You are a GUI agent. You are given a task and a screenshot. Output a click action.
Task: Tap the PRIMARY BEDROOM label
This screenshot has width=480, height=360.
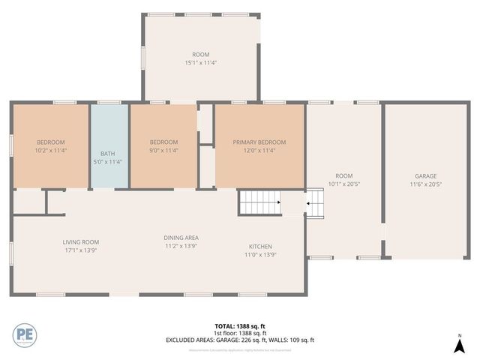[259, 142]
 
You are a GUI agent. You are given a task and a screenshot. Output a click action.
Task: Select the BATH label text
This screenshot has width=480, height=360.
[109, 142]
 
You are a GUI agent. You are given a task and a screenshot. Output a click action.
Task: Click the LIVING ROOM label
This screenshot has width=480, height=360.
[80, 242]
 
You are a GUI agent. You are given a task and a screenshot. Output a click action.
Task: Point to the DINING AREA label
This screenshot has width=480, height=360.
[181, 238]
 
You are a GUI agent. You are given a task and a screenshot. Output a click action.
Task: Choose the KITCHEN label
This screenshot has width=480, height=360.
[260, 247]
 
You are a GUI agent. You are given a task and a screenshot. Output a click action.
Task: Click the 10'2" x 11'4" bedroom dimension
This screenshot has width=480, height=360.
[51, 150]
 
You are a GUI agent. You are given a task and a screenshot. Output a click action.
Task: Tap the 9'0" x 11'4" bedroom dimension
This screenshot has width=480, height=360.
[163, 150]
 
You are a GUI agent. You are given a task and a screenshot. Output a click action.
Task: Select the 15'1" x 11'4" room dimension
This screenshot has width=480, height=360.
[200, 62]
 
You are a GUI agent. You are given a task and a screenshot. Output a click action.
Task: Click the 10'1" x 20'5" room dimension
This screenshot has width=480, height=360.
[345, 184]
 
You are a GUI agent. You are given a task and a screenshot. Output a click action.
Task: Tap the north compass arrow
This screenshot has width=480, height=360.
[459, 345]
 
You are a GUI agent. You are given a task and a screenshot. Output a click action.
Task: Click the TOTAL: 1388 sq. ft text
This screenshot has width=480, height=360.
[240, 326]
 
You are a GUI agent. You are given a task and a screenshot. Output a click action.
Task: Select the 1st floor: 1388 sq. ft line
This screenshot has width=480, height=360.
[240, 333]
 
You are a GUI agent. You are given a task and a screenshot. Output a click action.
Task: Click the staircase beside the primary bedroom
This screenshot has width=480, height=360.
[259, 202]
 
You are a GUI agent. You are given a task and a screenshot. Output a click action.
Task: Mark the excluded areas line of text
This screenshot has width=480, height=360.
[240, 340]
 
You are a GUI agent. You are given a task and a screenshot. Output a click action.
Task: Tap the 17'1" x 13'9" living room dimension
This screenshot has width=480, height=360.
[80, 250]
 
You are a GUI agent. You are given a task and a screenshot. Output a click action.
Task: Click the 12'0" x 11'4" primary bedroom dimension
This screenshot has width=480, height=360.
[259, 150]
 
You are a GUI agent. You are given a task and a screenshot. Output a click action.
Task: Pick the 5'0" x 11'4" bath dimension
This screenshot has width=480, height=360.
[109, 150]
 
